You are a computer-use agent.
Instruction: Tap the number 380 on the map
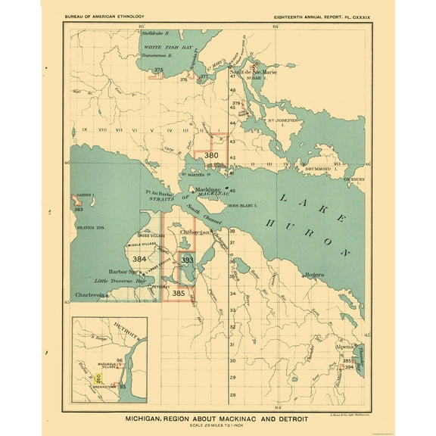point(212,155)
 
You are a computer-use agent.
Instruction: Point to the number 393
point(188,260)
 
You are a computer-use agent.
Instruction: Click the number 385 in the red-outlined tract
point(179,292)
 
